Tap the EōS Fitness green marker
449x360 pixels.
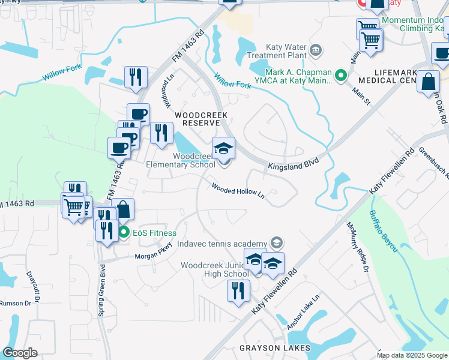point(124,233)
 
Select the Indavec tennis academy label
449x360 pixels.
point(221,244)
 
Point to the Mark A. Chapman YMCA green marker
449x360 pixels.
point(341,76)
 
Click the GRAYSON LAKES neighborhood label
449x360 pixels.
point(275,348)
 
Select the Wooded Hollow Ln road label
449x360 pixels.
point(238,190)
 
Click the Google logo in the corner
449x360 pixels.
point(20,353)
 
